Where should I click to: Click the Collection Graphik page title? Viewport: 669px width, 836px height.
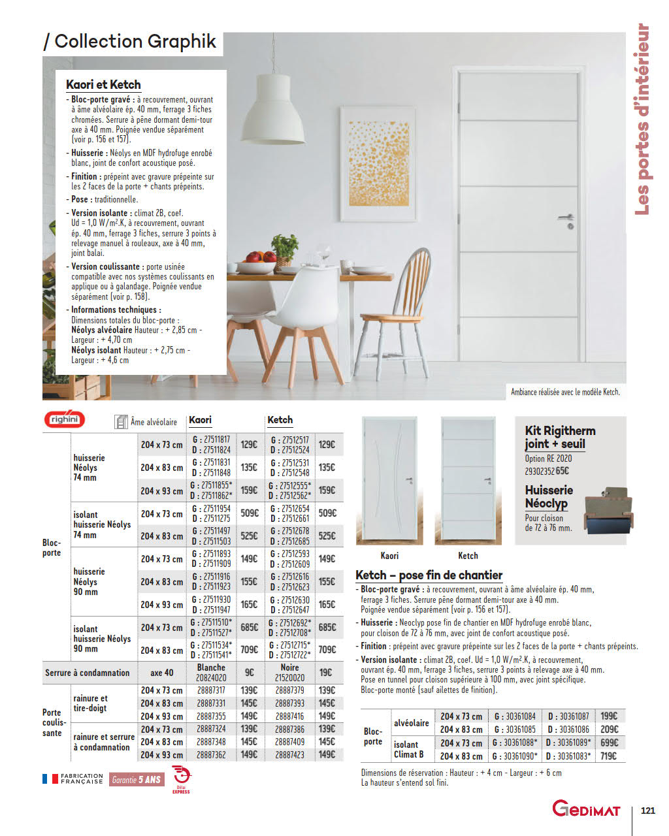[x=129, y=42]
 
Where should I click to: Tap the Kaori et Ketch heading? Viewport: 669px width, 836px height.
[x=103, y=85]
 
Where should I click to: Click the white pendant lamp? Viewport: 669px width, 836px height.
[x=270, y=123]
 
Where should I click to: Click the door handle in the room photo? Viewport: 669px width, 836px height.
[x=566, y=218]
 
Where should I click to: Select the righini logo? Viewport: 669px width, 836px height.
[x=64, y=420]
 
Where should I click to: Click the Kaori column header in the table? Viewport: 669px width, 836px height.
[x=201, y=420]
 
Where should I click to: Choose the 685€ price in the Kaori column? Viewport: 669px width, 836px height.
[x=249, y=628]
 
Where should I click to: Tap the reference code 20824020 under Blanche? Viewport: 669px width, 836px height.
[x=211, y=678]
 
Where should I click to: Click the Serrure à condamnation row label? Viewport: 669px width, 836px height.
[x=88, y=673]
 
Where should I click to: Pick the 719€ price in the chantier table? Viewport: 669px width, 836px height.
[x=608, y=756]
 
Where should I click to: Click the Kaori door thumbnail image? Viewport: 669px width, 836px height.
[x=389, y=480]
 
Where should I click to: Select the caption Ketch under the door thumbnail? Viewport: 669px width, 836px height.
[x=468, y=556]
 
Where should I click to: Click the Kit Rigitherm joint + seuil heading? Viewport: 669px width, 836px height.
[x=560, y=437]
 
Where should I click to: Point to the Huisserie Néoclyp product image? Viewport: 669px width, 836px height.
[x=608, y=509]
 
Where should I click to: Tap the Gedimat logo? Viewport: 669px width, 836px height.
[x=586, y=810]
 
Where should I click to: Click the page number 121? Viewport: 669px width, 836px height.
[x=647, y=811]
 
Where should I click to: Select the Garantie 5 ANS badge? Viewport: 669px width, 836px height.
[x=136, y=779]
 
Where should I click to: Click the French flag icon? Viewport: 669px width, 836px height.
[x=50, y=779]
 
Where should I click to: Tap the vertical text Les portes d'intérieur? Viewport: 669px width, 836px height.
[x=643, y=119]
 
